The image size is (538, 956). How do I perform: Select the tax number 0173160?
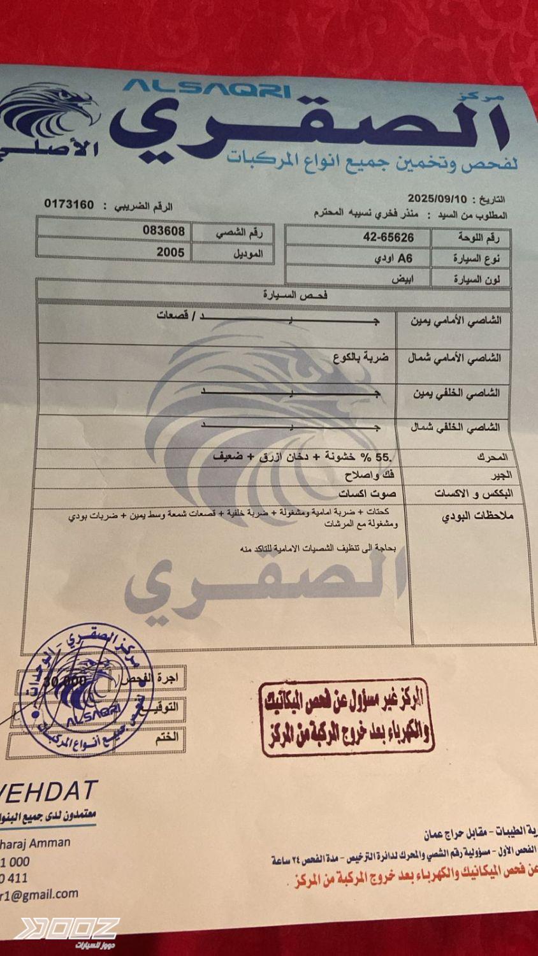coord(69,205)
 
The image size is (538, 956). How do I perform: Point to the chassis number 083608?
coord(163,230)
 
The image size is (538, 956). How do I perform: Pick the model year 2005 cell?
coord(170,252)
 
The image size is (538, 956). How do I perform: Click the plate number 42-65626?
coord(388,237)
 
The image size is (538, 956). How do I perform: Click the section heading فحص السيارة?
coord(295,296)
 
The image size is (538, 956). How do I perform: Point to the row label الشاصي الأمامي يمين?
coord(456,321)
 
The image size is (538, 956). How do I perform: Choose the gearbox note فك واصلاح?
coord(369,475)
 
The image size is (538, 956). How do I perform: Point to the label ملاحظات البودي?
coord(477,516)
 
